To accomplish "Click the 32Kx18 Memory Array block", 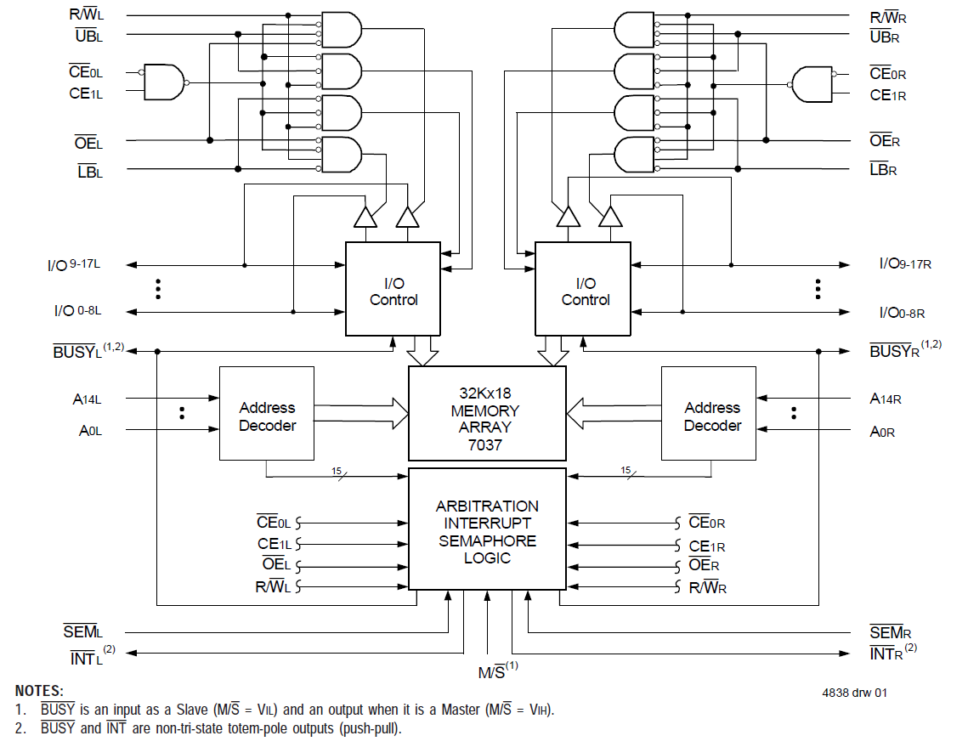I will pos(487,412).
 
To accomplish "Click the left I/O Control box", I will pos(393,289).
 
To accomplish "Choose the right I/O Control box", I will pos(583,289).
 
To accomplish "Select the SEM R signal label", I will pos(886,632).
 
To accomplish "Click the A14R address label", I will pos(886,398).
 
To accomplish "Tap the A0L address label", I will pos(90,431).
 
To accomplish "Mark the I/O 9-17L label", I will pos(74,265).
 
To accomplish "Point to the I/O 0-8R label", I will pos(902,313).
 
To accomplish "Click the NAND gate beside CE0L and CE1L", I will pos(165,82).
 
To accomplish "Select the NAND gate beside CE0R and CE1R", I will pos(812,83).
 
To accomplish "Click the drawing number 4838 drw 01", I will pos(854,693).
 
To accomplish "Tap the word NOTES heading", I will pos(39,692).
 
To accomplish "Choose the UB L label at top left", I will pos(88,35).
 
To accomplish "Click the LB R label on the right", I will pos(883,169).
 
